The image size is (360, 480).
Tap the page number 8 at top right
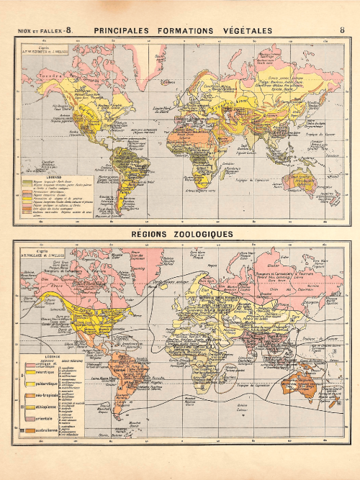341,30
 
